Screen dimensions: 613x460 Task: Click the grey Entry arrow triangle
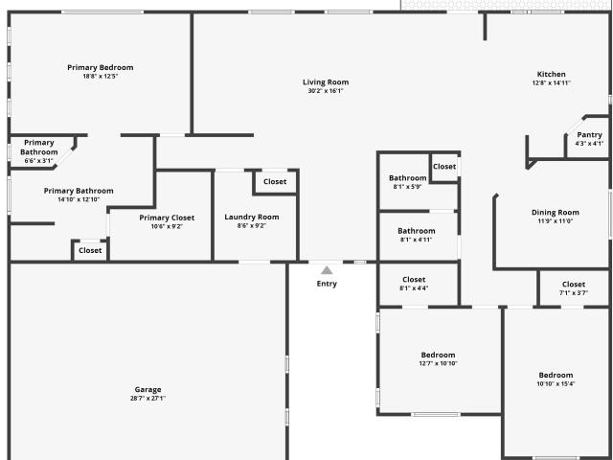(x=327, y=270)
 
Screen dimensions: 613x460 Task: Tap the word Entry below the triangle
(x=327, y=284)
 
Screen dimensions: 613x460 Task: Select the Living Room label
(x=326, y=82)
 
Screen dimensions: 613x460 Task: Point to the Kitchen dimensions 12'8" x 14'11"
(x=552, y=83)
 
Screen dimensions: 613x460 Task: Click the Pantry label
(x=590, y=135)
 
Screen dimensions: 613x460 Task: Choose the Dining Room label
(x=556, y=213)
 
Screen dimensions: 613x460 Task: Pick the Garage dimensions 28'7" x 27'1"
(x=148, y=399)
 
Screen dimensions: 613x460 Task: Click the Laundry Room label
(x=252, y=218)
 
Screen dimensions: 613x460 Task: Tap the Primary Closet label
(x=167, y=218)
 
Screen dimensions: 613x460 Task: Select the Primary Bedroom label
(x=101, y=68)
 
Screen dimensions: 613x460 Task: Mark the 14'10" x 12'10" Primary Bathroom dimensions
(x=79, y=199)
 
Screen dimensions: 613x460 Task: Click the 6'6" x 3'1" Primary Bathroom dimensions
(x=38, y=161)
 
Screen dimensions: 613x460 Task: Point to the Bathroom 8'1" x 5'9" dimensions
(x=407, y=187)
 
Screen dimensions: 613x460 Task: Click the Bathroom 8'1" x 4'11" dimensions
(x=417, y=240)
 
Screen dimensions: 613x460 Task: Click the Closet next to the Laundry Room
(x=275, y=181)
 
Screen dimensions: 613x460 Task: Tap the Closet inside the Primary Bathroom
(x=90, y=250)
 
